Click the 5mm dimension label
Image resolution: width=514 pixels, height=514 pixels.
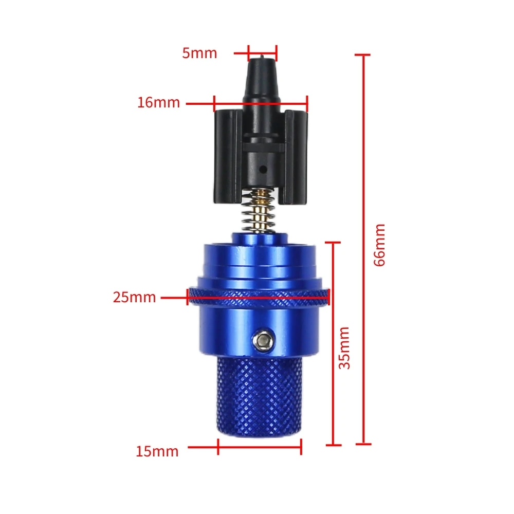pos(199,53)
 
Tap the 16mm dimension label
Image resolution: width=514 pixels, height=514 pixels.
pos(158,103)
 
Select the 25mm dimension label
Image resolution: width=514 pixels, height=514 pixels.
pos(134,297)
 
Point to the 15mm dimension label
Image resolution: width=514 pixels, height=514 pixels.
pos(157,452)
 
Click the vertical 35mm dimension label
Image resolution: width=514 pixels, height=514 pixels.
pos(345,347)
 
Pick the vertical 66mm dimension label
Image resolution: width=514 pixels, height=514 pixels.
pos(379,244)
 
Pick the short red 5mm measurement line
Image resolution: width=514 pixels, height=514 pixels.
pos(262,52)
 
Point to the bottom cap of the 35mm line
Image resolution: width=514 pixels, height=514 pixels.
pos(333,445)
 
